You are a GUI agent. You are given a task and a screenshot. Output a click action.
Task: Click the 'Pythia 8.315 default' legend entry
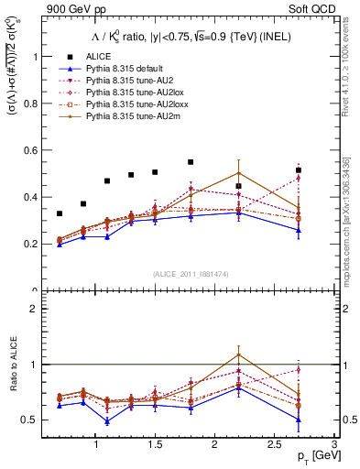pos(128,69)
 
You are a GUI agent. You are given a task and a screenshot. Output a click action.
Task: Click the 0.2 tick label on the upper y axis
pos(36,245)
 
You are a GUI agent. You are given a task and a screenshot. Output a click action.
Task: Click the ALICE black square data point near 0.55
pos(191,162)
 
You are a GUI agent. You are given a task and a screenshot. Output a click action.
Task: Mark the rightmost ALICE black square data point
pos(298,170)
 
